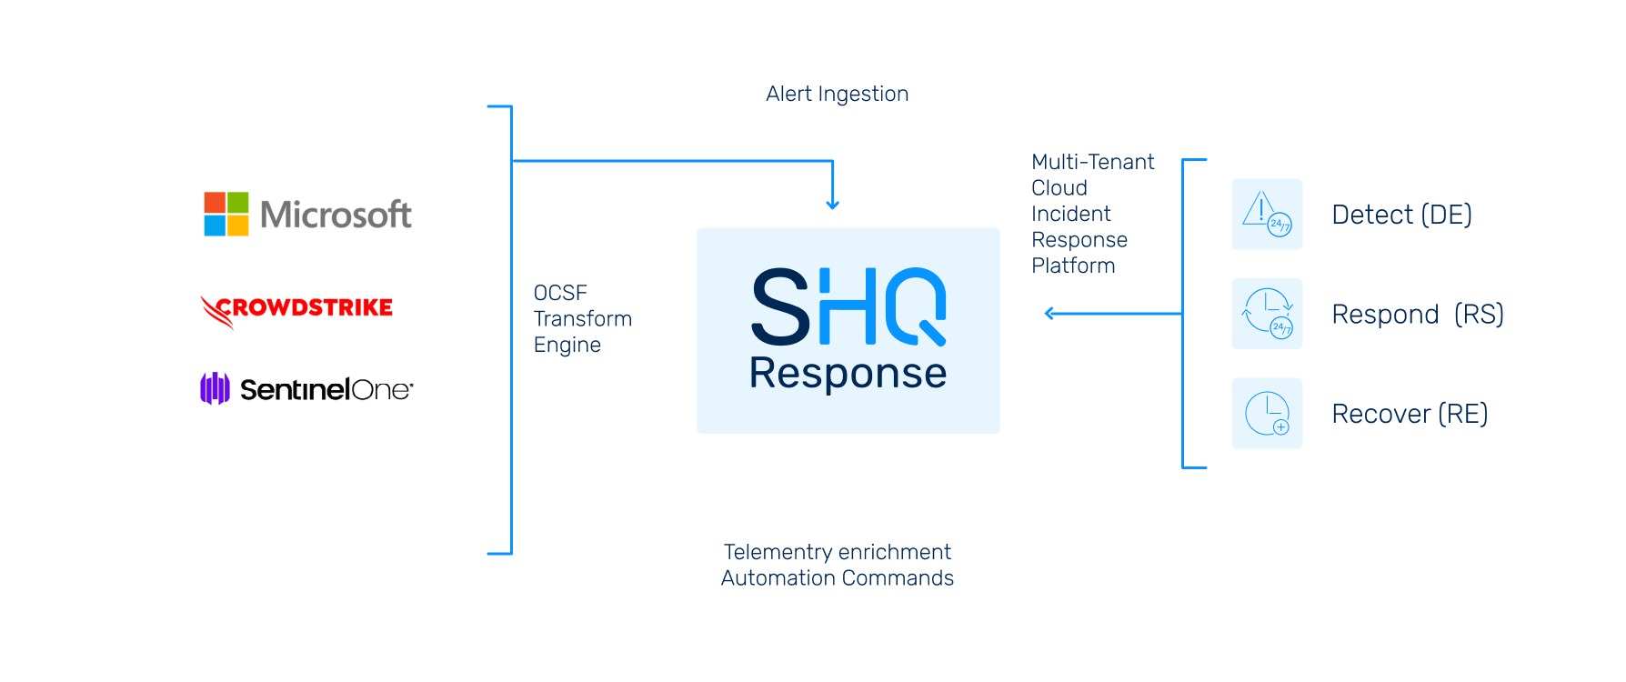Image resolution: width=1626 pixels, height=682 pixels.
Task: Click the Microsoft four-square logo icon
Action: (226, 214)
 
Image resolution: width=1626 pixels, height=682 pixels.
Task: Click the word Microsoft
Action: (336, 215)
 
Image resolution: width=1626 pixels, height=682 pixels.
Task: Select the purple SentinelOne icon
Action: (215, 388)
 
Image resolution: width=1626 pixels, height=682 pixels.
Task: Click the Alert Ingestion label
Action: (837, 95)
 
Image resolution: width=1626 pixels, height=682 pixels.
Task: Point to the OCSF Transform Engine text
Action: (582, 318)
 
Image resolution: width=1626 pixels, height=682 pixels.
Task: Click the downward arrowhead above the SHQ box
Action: (832, 204)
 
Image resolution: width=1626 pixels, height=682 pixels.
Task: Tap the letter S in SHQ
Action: (781, 306)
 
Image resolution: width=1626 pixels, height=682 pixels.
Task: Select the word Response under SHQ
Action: (848, 373)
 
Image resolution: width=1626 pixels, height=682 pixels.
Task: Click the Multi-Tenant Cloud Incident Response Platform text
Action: (1092, 214)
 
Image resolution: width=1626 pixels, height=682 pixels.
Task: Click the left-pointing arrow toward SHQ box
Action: (1113, 314)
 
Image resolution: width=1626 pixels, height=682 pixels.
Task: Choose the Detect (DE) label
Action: (1401, 215)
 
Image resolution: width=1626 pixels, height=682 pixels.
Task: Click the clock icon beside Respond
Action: (1267, 314)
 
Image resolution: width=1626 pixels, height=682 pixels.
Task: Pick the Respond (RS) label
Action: (1418, 315)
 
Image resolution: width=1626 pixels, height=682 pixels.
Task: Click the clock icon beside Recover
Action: (1267, 414)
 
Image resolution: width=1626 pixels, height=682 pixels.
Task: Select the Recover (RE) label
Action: (1410, 414)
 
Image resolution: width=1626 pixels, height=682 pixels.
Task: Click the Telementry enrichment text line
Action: (837, 552)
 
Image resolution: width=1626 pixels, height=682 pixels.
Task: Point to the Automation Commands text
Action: (837, 578)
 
